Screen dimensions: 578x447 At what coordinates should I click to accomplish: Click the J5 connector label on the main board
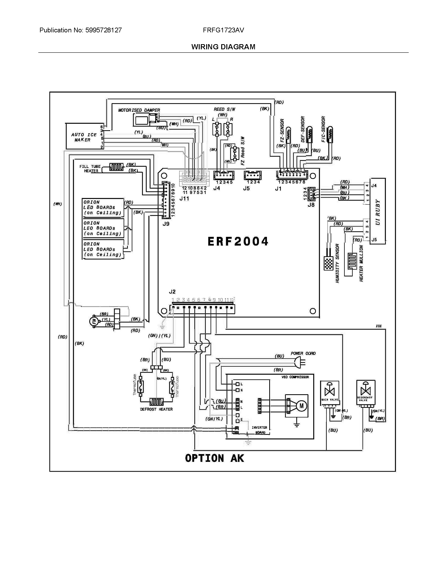246,188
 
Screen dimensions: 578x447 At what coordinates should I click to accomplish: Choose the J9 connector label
166,224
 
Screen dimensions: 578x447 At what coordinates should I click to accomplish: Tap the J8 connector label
311,205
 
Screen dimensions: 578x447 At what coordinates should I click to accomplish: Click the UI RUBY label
378,212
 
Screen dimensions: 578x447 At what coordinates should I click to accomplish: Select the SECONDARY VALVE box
365,392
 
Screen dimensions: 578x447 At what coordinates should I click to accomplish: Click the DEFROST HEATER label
156,409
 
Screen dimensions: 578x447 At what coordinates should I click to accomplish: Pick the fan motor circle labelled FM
94,321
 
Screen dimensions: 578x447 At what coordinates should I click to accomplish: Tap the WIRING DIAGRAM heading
223,47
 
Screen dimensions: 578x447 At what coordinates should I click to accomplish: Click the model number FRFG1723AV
223,30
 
